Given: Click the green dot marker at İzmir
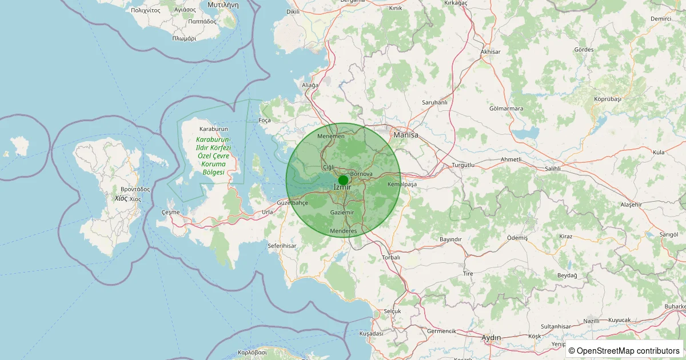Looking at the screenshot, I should [343, 180].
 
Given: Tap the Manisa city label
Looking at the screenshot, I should [406, 135].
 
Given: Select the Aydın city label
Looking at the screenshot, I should [491, 338].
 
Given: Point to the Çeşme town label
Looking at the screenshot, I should [170, 212].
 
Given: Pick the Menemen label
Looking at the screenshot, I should [331, 136].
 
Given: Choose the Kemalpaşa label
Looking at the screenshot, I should [402, 185].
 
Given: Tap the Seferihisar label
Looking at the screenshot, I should [282, 246].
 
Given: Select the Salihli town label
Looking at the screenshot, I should [553, 169].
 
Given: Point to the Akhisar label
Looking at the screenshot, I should [490, 52].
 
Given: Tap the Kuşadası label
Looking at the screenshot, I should [370, 333].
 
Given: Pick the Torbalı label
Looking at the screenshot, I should [392, 258].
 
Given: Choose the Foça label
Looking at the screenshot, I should [265, 121].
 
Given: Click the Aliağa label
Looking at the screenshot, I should [310, 85].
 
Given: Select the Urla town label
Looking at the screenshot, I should [267, 212].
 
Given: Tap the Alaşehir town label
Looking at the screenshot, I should [632, 205].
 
